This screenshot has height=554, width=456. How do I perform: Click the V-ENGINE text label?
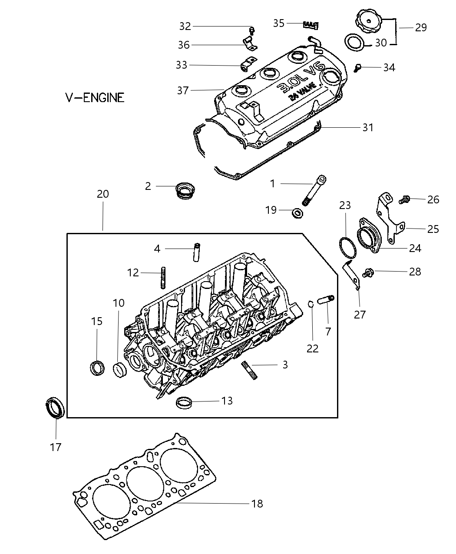(x=95, y=97)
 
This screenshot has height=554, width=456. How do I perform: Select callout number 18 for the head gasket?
(x=257, y=504)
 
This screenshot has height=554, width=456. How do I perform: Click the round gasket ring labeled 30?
(x=354, y=43)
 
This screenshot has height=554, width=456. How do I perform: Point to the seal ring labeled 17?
(x=55, y=407)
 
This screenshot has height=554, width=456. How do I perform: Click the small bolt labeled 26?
(x=404, y=200)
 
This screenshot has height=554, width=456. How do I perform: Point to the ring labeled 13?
(x=184, y=402)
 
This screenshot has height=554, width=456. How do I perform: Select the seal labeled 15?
(x=97, y=368)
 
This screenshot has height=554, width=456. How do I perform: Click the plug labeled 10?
(x=120, y=370)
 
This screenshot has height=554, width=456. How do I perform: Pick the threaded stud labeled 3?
(x=249, y=370)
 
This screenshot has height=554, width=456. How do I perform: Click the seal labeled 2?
(x=185, y=190)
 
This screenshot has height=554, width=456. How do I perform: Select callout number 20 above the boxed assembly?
(x=103, y=194)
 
